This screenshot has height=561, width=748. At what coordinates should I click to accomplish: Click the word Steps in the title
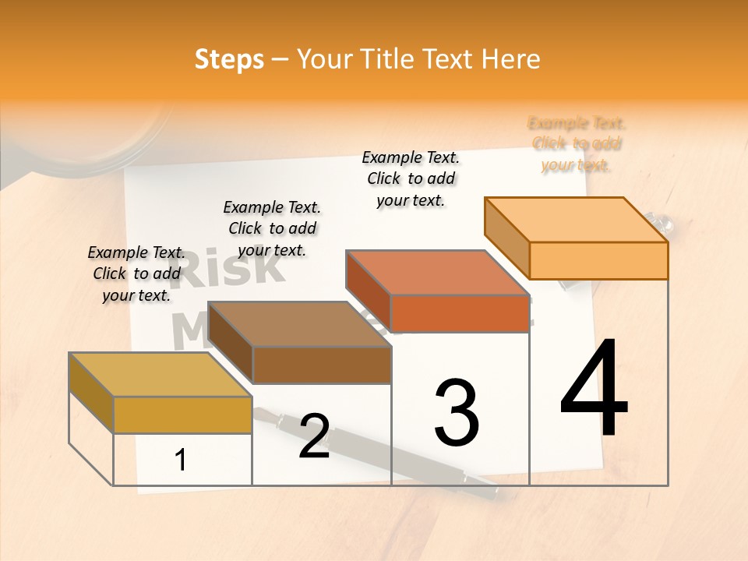click(x=229, y=60)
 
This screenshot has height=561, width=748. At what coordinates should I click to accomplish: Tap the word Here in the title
click(x=510, y=59)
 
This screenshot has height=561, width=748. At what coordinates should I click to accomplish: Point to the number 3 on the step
click(x=457, y=413)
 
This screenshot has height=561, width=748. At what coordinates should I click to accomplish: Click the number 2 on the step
click(x=314, y=436)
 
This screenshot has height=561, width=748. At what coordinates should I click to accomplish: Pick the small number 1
click(x=181, y=460)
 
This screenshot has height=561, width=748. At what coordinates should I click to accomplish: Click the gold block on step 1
click(x=160, y=393)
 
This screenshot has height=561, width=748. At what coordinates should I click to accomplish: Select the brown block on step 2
click(x=300, y=343)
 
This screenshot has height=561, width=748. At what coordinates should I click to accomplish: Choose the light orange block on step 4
click(x=577, y=238)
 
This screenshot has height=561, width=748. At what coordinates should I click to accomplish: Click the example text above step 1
click(x=136, y=273)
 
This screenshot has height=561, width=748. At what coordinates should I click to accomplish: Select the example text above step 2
click(x=272, y=228)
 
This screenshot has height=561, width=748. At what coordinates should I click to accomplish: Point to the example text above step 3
click(x=411, y=178)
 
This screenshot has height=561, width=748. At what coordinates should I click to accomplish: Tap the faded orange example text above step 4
click(x=577, y=144)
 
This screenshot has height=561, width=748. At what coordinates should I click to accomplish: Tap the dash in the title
click(x=280, y=60)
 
